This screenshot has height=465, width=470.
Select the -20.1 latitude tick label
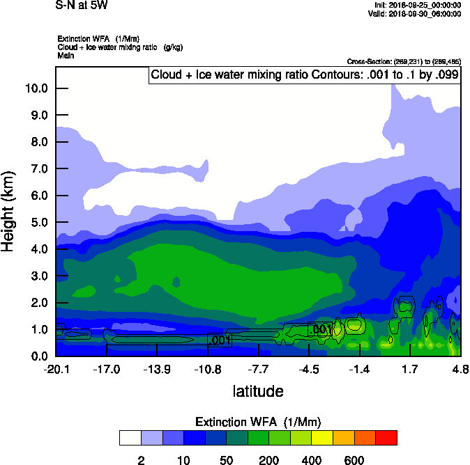[56, 369]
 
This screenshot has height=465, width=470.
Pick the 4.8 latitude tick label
[460, 369]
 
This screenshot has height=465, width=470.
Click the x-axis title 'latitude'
[258, 391]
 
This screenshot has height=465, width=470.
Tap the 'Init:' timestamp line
[416, 5]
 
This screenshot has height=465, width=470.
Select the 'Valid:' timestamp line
[414, 13]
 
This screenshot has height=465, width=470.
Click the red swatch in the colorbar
[386, 437]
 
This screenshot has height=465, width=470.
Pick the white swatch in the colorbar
[130, 437]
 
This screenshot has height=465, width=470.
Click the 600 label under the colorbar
[354, 460]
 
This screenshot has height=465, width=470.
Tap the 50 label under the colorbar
[226, 460]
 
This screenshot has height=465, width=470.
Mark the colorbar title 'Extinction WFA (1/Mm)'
[258, 422]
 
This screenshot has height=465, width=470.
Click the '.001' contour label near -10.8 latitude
[219, 340]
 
